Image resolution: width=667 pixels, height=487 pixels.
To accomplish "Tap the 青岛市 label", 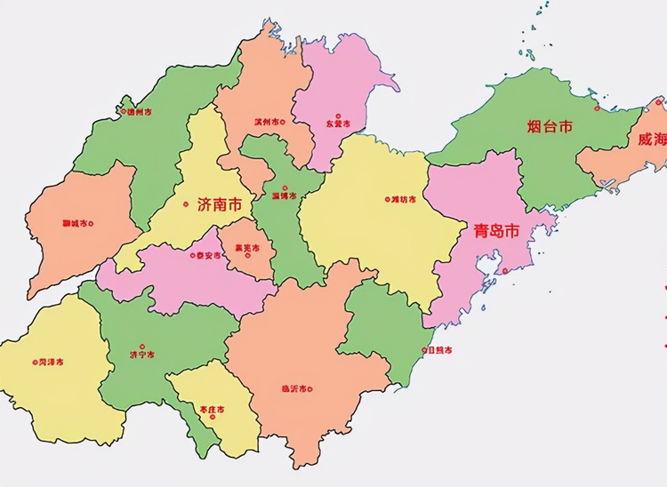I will coord(496,231).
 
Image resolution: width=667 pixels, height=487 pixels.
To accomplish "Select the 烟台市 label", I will coord(550,126).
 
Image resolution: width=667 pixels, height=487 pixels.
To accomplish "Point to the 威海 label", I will coord(650,140).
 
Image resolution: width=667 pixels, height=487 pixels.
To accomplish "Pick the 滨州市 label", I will coord(266,122).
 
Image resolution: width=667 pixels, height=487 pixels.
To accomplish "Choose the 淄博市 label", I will coord(284,196).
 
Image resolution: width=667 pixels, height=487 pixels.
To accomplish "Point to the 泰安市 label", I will coord(207,255).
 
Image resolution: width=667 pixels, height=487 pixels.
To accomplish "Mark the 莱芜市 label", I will coord(245,248).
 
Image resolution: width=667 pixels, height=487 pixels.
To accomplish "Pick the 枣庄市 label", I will coord(212,410).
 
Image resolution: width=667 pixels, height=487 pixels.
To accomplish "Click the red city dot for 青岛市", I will coord(503,271).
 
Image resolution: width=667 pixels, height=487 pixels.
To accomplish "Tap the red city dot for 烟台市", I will coord(598,108).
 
